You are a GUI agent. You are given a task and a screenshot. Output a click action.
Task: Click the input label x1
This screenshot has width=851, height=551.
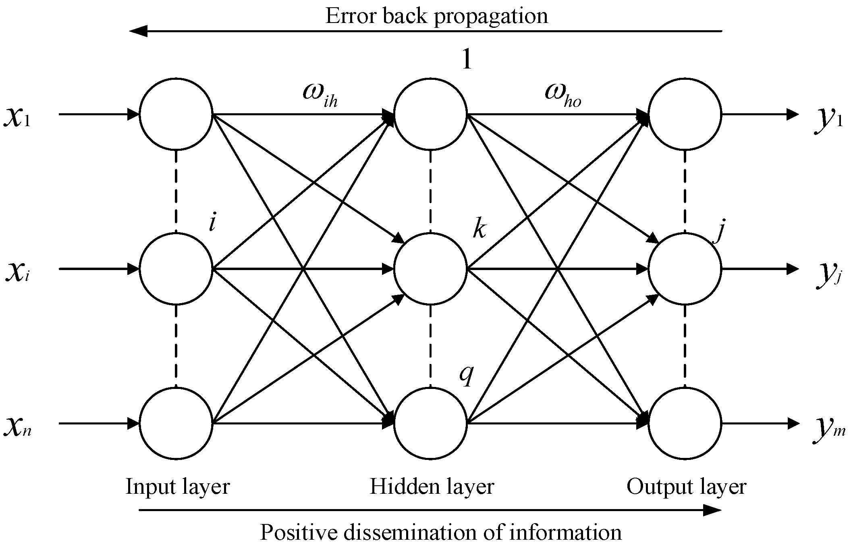click(x=17, y=117)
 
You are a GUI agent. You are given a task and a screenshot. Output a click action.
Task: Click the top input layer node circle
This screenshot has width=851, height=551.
click(x=176, y=114)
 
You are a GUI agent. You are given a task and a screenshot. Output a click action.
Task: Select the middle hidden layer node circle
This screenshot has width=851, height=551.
click(x=430, y=269)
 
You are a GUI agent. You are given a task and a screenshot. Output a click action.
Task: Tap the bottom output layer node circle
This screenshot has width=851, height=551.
click(x=685, y=423)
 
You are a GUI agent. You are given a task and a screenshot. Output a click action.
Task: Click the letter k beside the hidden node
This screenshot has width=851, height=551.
click(x=479, y=230)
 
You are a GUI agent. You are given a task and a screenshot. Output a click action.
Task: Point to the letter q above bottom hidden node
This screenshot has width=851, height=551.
click(x=466, y=375)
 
